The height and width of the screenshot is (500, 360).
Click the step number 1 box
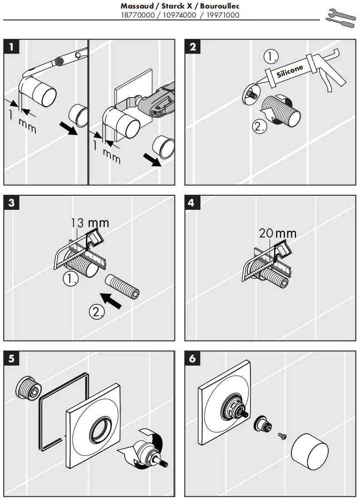12,46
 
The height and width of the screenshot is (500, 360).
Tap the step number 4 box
191,203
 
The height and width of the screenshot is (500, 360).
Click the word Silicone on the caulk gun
290,72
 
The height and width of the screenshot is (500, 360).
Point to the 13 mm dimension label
90,223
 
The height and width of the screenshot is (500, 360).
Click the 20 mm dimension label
277,233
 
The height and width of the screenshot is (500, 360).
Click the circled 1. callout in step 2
271,57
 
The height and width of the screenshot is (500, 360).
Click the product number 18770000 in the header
137,15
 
